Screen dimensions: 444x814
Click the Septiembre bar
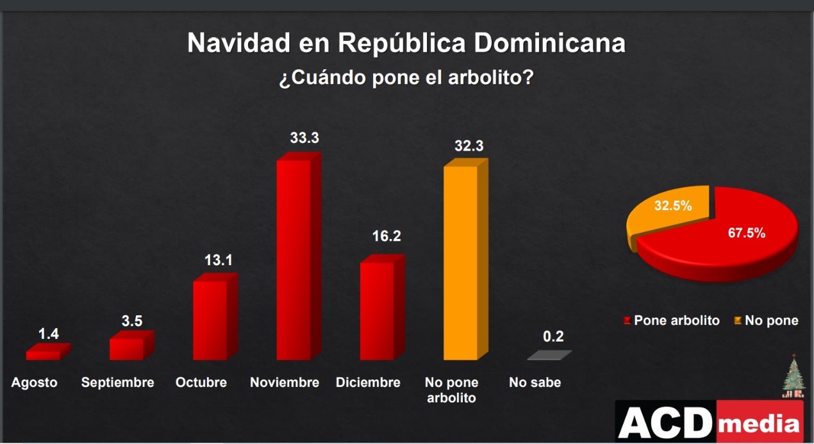(x=126, y=349)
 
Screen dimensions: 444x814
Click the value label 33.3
(x=304, y=137)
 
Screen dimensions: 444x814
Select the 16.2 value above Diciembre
(x=386, y=236)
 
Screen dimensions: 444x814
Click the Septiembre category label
(x=118, y=382)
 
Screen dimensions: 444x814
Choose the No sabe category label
(x=535, y=382)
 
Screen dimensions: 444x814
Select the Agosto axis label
(x=35, y=382)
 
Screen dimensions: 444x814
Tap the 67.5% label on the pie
(x=747, y=233)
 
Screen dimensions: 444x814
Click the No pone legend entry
(x=767, y=320)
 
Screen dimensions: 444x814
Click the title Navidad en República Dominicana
(x=406, y=44)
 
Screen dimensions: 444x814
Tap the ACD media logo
(x=710, y=423)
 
